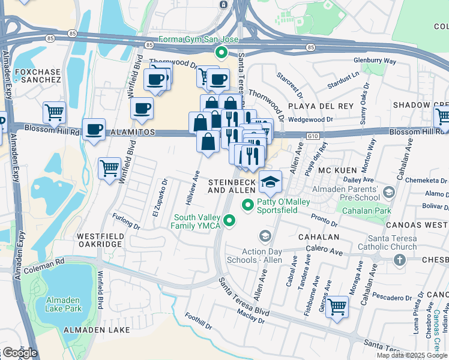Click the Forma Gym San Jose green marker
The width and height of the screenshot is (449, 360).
point(221,52)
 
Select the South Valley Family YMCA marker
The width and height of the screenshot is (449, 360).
point(229,222)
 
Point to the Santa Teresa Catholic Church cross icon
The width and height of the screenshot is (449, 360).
point(399,259)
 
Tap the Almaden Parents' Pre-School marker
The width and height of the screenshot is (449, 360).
point(388,193)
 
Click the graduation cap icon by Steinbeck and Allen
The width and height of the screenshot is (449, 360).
point(271,182)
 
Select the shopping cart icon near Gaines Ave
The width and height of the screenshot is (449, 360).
point(337,307)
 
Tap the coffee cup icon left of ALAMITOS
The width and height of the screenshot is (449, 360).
point(94,129)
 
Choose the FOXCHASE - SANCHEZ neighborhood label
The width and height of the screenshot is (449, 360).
point(38,75)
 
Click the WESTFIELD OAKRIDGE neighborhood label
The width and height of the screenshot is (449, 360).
point(100,241)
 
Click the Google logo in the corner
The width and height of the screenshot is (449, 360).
point(19,353)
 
